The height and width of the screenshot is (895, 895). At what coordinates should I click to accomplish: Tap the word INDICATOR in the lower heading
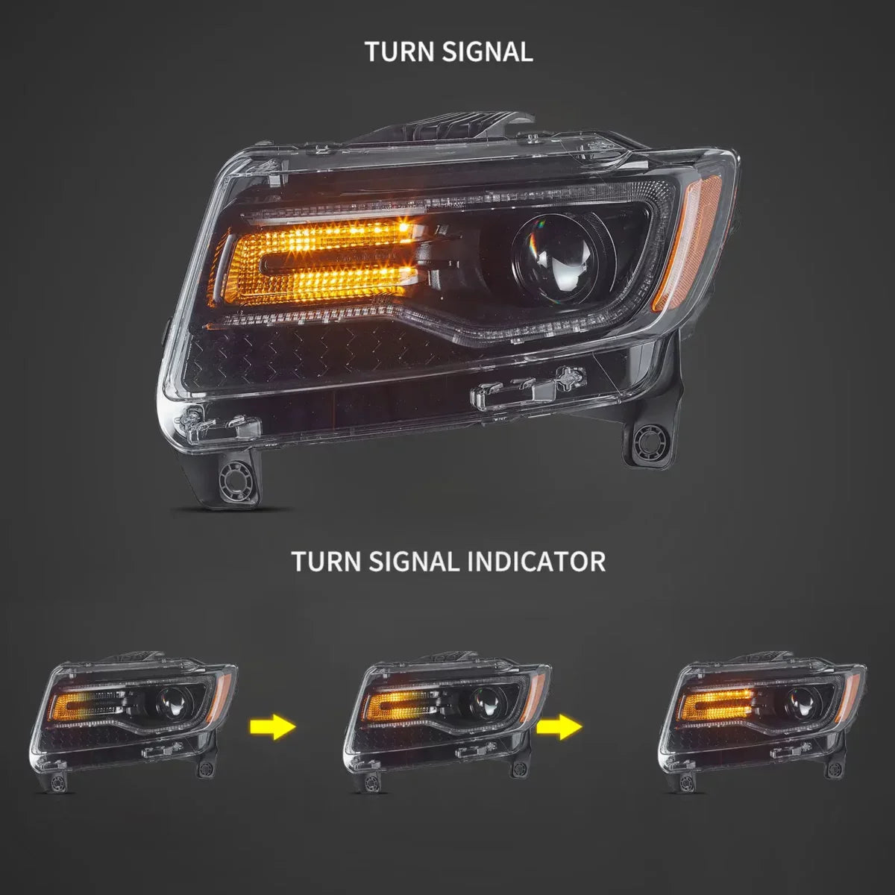pyautogui.click(x=536, y=561)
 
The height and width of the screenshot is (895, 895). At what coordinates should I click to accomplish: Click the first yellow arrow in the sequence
pyautogui.click(x=273, y=725)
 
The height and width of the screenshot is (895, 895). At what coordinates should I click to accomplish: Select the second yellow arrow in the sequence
pyautogui.click(x=559, y=725)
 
